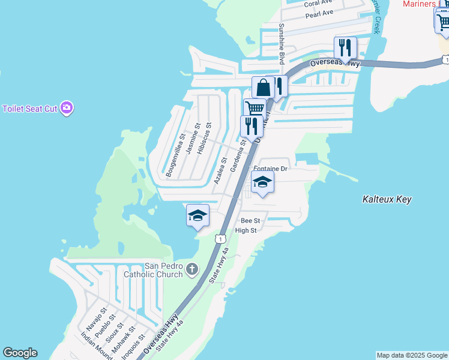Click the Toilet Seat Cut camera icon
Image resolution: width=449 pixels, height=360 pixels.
click(67, 108)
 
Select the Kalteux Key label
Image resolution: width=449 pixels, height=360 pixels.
click(387, 199)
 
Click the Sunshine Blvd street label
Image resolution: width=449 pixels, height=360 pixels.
click(281, 44)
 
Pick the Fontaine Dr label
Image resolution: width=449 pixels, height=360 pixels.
click(271, 169)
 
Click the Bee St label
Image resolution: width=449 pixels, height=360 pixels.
click(250, 221)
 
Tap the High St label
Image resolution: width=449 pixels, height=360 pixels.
click(246, 230)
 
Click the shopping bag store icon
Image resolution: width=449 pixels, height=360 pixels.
click(263, 88)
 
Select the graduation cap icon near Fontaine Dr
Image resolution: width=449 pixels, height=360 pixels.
click(262, 182)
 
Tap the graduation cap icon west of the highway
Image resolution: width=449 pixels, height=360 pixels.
click(197, 215)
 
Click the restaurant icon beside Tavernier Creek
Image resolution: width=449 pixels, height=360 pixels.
click(345, 47)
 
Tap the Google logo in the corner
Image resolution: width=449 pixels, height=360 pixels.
click(20, 353)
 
